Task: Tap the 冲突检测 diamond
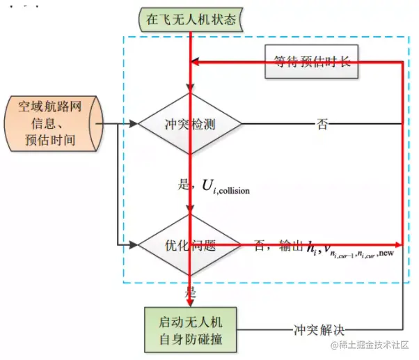click(x=190, y=125)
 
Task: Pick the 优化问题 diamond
click(x=190, y=245)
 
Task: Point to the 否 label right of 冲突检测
click(x=322, y=125)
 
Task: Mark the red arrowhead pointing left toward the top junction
click(x=195, y=63)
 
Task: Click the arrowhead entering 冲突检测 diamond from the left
click(x=134, y=125)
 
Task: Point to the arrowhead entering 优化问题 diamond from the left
click(x=134, y=245)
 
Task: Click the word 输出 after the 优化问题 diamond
click(x=291, y=245)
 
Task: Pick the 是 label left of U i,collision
click(x=184, y=185)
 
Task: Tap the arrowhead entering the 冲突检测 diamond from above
click(x=190, y=89)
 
